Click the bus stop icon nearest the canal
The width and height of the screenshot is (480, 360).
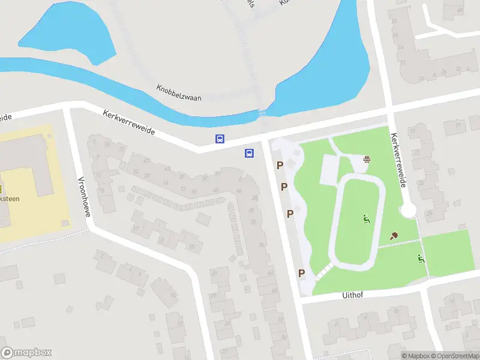tap(220, 139)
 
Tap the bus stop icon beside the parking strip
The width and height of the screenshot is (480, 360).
tap(248, 153)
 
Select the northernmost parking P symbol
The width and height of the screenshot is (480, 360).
tap(280, 165)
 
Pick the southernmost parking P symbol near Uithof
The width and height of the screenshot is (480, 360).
tap(302, 273)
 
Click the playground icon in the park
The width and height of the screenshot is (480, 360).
tap(366, 159)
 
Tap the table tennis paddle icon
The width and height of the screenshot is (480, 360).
tap(394, 236)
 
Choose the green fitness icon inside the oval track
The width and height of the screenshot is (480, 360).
tap(366, 219)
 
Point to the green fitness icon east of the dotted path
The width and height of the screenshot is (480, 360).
tap(421, 259)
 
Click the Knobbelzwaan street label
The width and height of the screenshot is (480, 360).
tap(178, 92)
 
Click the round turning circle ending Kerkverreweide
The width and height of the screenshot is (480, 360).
tap(408, 210)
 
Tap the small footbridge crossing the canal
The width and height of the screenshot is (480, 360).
tap(262, 113)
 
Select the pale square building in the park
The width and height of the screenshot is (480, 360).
tap(331, 170)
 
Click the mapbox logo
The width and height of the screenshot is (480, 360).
tap(26, 353)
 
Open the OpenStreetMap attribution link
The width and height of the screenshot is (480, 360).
tap(456, 356)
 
